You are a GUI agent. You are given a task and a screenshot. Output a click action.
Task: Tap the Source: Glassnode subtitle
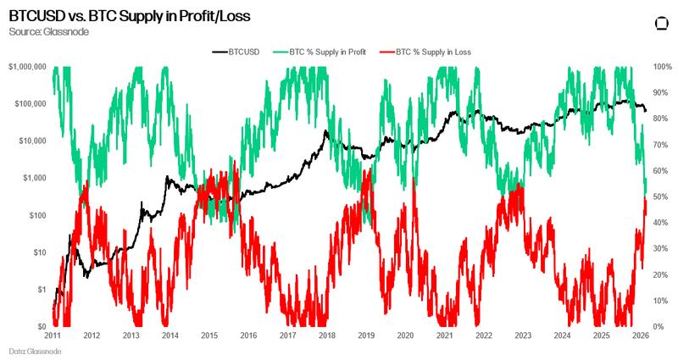click(x=48, y=31)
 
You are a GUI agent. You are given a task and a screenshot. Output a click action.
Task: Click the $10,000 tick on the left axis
click(x=31, y=141)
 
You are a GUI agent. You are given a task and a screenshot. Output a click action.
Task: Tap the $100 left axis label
click(x=36, y=215)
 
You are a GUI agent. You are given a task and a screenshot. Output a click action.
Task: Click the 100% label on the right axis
click(x=662, y=66)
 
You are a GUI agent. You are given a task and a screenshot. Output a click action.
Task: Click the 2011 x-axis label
click(x=53, y=335)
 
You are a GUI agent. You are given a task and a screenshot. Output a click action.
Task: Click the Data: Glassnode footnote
click(x=30, y=351)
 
